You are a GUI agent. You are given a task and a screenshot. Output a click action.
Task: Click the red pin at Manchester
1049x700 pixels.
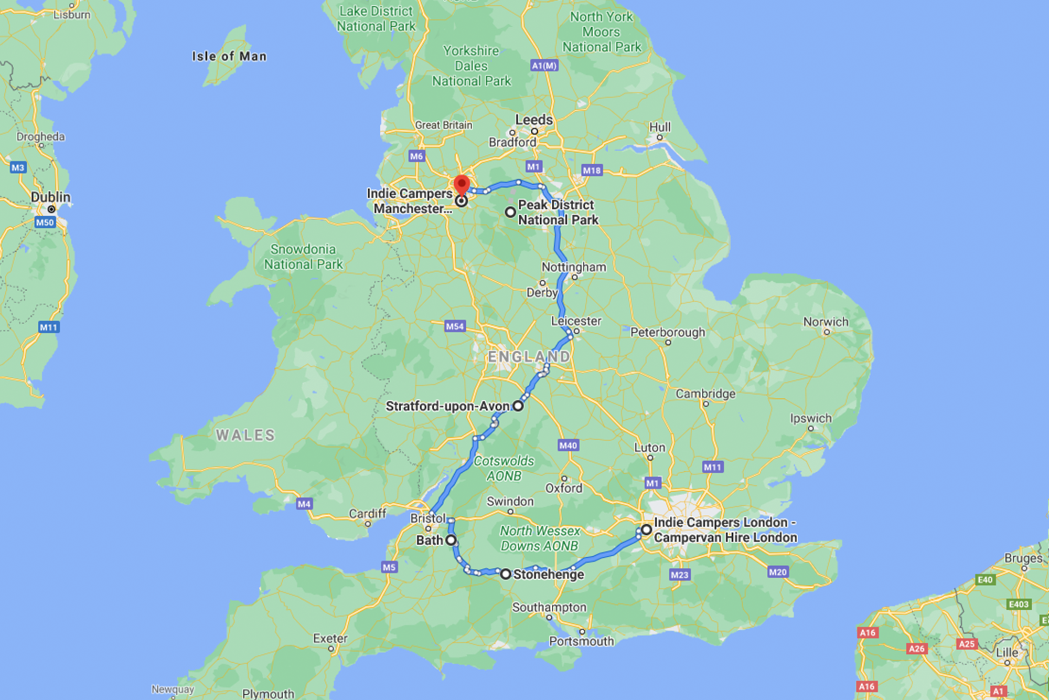point(461,185)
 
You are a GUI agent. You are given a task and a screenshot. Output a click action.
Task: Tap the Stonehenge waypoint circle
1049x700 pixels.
point(505,574)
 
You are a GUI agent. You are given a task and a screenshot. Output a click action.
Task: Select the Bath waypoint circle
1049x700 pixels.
point(451,540)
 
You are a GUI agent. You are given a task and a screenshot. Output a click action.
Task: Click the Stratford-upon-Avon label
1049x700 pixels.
point(447,406)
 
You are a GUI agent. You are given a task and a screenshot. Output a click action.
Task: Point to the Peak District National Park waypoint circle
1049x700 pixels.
point(510,212)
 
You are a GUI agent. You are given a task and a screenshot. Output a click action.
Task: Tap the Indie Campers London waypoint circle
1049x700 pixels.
point(646,529)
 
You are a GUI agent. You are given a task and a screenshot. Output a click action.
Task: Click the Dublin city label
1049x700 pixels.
point(50,197)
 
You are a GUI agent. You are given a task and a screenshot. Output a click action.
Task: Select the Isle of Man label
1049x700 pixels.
point(229,56)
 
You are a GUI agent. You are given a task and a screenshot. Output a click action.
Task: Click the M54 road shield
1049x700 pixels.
point(455,326)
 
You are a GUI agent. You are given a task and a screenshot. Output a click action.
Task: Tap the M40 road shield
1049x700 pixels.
point(568,446)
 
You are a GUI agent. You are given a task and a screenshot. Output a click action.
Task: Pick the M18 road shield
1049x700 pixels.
point(592,170)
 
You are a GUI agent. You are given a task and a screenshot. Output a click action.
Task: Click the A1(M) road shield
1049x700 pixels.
point(544,66)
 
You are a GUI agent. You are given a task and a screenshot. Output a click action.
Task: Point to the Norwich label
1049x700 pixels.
point(826,322)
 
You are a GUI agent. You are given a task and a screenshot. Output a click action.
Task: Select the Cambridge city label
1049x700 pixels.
point(705,394)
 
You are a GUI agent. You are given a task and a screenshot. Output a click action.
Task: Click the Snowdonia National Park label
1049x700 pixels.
point(303,257)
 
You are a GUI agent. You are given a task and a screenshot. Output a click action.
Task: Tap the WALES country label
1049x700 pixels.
point(245,435)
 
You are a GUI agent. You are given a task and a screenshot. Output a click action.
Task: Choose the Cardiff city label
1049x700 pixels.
point(367,513)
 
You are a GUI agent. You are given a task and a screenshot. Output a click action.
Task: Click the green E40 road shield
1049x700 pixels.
point(985,579)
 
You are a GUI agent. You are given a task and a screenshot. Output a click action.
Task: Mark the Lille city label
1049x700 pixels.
point(1007,653)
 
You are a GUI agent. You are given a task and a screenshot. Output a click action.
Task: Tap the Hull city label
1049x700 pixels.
point(660,128)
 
